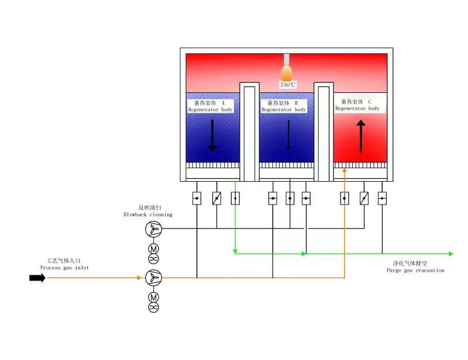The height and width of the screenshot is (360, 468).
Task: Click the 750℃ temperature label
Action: (x=288, y=85)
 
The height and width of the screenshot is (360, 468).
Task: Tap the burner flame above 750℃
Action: (x=287, y=72)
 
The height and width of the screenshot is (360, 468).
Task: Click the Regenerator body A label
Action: (x=210, y=106)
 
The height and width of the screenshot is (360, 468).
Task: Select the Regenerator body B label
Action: (x=283, y=106)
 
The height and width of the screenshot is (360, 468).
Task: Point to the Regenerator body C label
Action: (x=357, y=105)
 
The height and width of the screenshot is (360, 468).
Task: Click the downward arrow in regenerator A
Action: (x=212, y=134)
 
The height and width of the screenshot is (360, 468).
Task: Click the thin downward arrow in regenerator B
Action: (x=288, y=135)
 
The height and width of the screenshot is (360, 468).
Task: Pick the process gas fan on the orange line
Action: (x=153, y=278)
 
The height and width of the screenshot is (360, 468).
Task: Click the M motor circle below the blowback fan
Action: (x=153, y=248)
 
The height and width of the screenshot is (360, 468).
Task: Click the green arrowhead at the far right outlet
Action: (x=450, y=254)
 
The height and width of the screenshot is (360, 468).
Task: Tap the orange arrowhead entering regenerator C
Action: (x=345, y=171)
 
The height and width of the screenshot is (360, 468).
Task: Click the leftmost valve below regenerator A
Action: (x=197, y=198)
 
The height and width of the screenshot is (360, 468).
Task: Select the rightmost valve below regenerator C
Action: (x=382, y=198)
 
